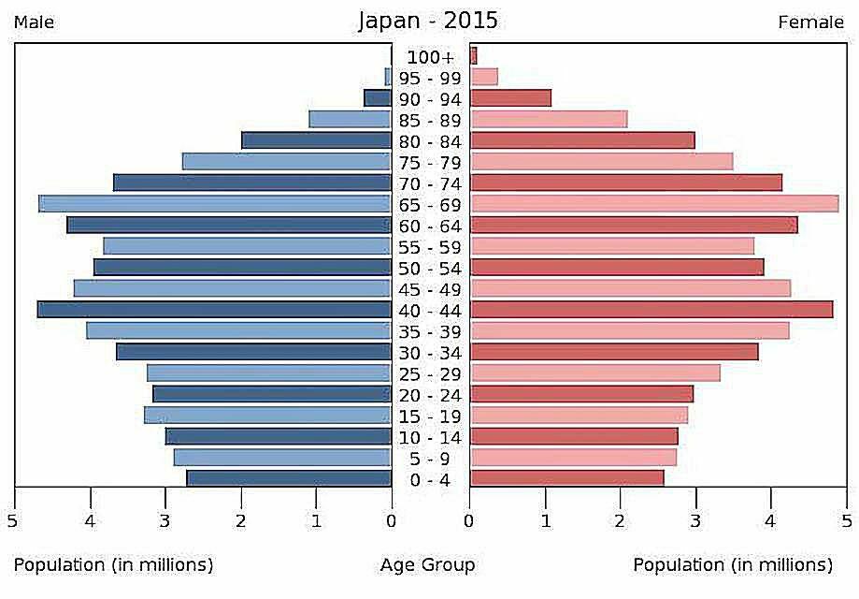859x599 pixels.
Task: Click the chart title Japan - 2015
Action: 429,21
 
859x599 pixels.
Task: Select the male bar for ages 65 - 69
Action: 215,204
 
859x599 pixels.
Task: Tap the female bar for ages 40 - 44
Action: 651,310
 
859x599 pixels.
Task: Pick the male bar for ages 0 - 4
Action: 289,478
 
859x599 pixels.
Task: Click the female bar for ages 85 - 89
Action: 549,120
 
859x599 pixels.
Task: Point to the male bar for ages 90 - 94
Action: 378,98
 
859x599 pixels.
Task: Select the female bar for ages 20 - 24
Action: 581,394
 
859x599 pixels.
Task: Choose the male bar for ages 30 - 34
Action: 254,352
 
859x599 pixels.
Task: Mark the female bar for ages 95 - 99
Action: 484,77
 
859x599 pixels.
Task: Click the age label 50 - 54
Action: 430,269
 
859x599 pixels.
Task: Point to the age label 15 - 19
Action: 430,416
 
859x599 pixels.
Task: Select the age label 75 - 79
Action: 430,163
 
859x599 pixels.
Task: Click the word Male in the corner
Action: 34,22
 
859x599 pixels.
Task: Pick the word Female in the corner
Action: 810,22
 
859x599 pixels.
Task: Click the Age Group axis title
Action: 428,565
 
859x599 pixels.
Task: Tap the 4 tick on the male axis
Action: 91,521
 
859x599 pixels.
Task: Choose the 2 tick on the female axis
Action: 621,521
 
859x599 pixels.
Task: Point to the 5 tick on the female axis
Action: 846,521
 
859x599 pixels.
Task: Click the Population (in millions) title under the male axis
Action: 113,565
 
